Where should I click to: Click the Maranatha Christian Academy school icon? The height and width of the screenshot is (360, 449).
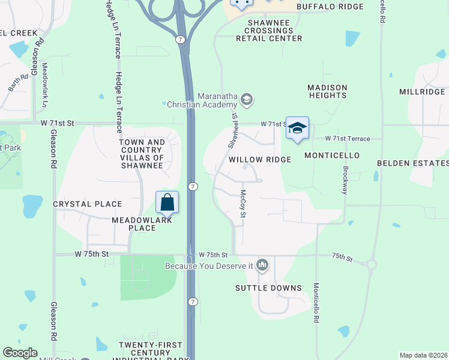246,99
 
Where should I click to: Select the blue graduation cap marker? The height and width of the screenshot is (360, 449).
297,128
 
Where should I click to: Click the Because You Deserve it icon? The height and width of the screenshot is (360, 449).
262,265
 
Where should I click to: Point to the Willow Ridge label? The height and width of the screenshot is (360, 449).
260,160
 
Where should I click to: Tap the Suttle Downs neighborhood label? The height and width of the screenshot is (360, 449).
268,288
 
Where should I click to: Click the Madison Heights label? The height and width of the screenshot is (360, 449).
327,91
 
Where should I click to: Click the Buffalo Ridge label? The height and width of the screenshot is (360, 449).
330,7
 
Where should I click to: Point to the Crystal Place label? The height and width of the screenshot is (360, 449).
88,204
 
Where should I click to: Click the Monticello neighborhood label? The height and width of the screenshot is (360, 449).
331,155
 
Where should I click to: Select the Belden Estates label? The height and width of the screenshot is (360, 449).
412,163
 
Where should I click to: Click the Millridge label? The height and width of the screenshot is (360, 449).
422,92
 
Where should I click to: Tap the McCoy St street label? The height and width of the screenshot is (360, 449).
243,208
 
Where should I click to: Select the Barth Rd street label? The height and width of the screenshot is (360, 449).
19,82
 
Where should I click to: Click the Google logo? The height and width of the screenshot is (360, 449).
20,353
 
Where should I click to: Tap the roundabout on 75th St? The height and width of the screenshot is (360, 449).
371,263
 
